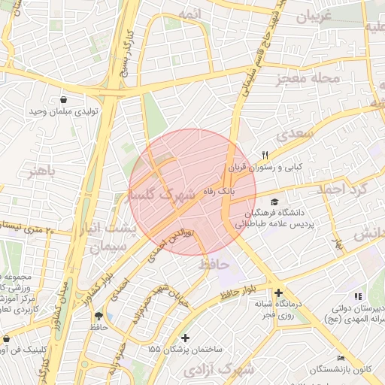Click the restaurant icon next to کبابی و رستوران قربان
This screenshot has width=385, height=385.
coord(265,155)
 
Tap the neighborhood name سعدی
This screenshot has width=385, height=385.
coord(293,135)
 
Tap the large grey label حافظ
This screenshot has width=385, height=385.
coord(214,265)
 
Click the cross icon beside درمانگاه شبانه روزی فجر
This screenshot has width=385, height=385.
coord(278,293)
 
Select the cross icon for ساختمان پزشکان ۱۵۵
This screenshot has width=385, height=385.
coord(186,338)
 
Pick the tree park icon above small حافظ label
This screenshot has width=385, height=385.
coord(99,316)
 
